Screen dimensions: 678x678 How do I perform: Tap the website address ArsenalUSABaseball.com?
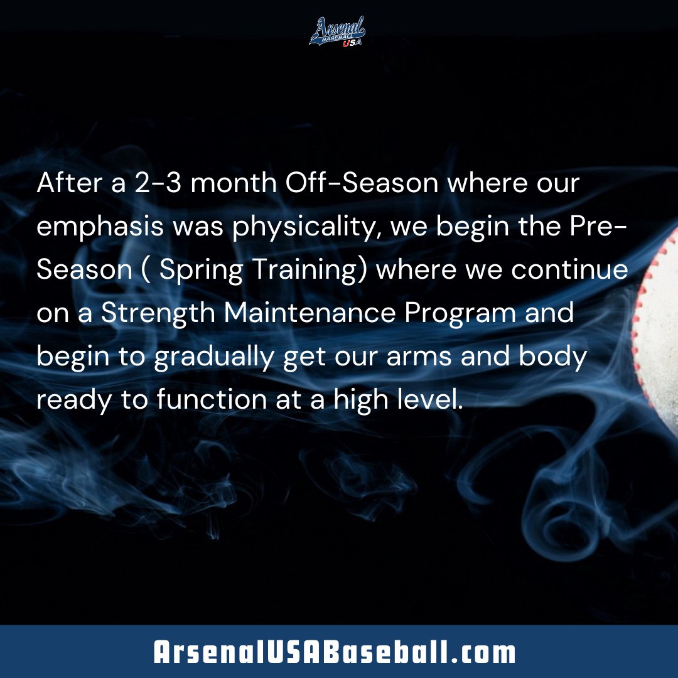click(335, 653)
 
